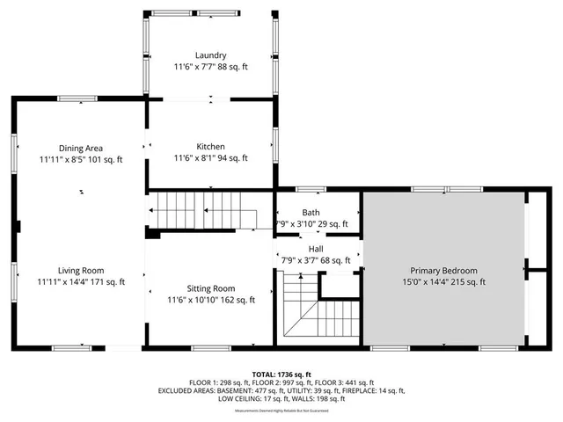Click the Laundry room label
211,54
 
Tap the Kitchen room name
211,147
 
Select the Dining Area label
81,148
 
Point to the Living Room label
81,270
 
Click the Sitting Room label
211,287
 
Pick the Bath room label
311,212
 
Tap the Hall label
316,249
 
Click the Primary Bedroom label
443,271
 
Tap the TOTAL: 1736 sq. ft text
281,374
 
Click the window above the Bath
310,189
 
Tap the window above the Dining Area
77,99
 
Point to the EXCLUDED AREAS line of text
281,390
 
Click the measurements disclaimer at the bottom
281,411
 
